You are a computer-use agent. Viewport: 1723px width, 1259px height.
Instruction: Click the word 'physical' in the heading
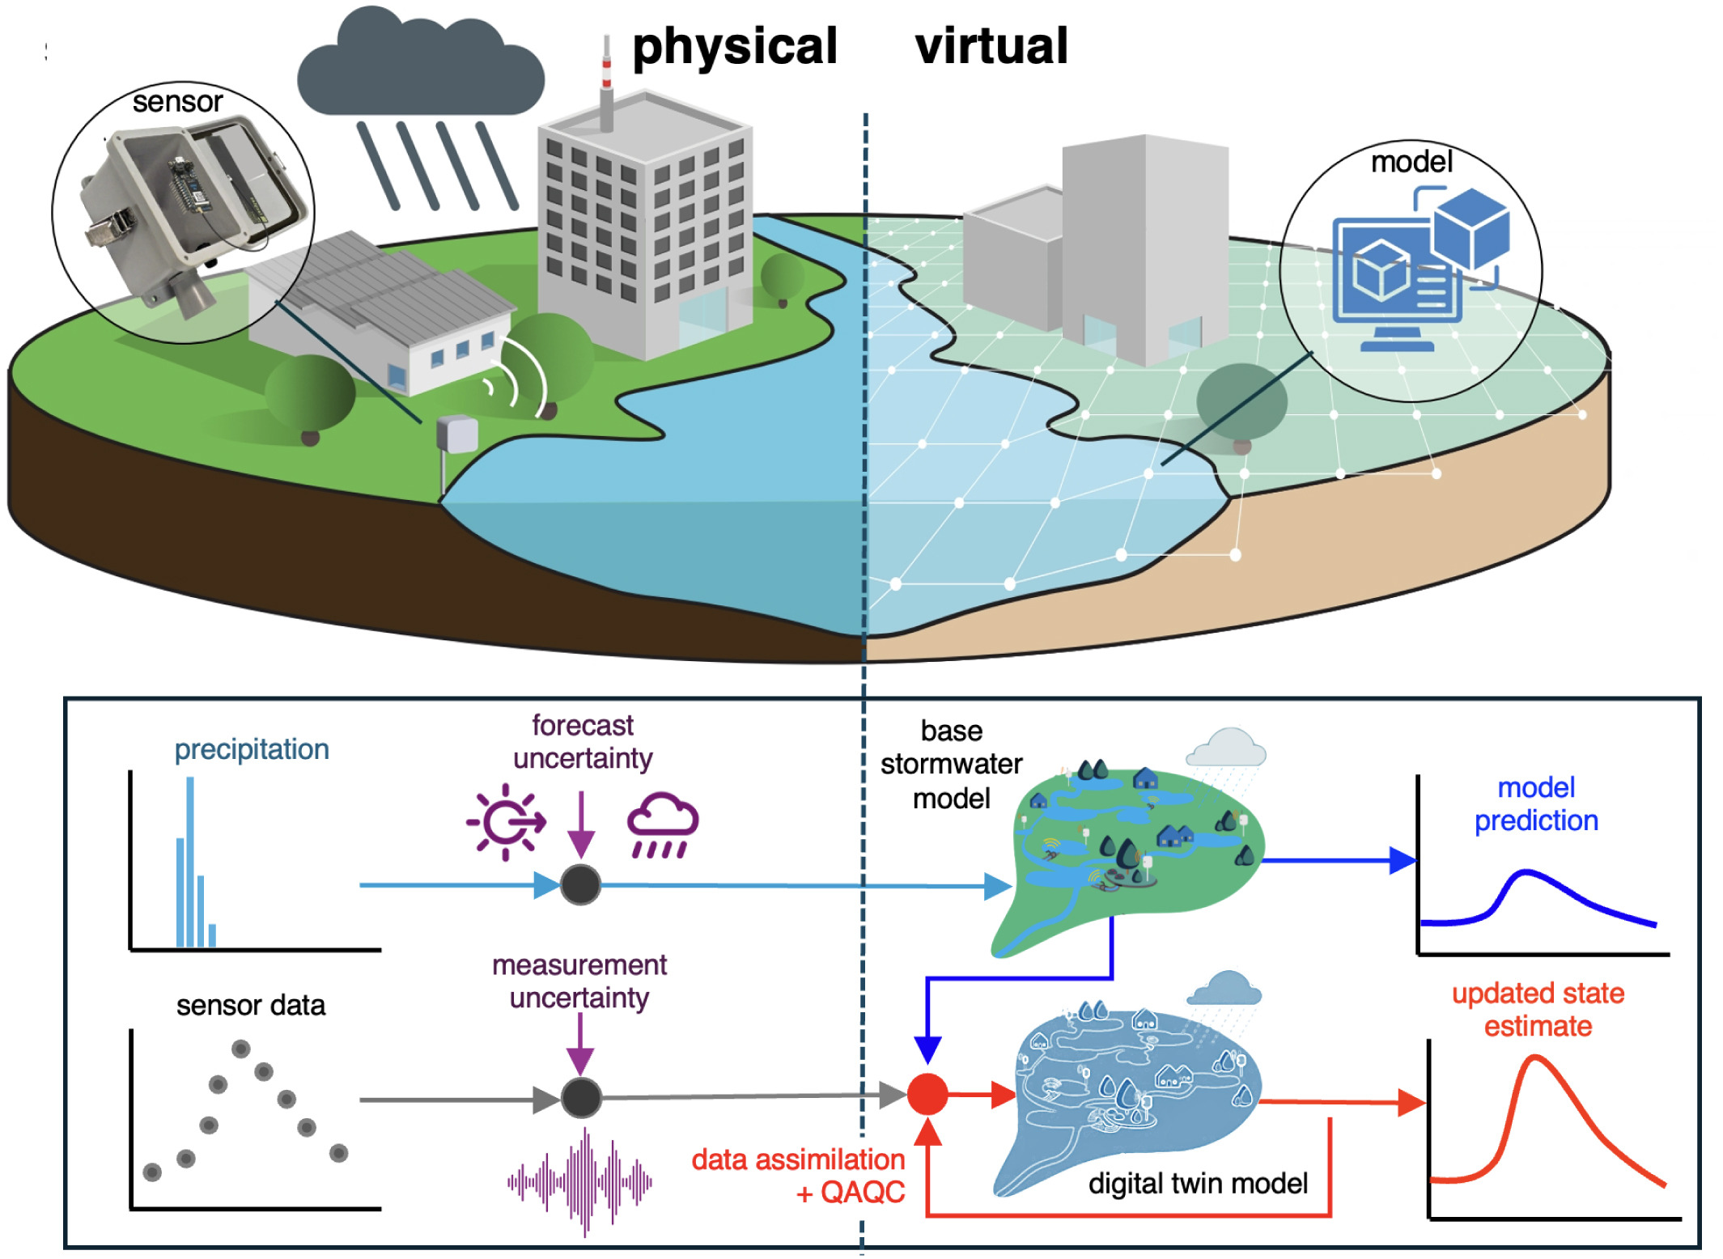(734, 47)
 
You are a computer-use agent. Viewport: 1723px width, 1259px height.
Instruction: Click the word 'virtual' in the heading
(991, 46)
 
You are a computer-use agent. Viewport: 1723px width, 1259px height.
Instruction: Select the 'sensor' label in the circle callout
(177, 102)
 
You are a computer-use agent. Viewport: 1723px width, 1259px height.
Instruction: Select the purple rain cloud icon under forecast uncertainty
(662, 824)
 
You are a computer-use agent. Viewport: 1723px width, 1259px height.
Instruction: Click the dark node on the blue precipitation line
(580, 884)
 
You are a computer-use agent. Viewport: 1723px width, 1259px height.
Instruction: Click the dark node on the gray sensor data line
(580, 1098)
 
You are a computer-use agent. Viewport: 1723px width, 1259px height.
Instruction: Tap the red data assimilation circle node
(927, 1095)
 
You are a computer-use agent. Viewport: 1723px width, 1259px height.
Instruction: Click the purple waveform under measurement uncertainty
(580, 1182)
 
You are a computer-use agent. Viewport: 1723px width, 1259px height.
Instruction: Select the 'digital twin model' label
(1197, 1184)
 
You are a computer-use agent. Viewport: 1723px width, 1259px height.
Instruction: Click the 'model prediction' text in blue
(1535, 803)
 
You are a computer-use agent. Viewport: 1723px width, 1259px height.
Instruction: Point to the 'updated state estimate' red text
(1537, 1009)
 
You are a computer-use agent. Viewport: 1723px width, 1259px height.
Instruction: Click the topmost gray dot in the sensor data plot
(240, 1049)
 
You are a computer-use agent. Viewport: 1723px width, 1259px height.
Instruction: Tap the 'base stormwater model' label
(951, 764)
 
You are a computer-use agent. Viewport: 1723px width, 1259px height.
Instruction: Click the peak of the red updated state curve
(1534, 1058)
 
